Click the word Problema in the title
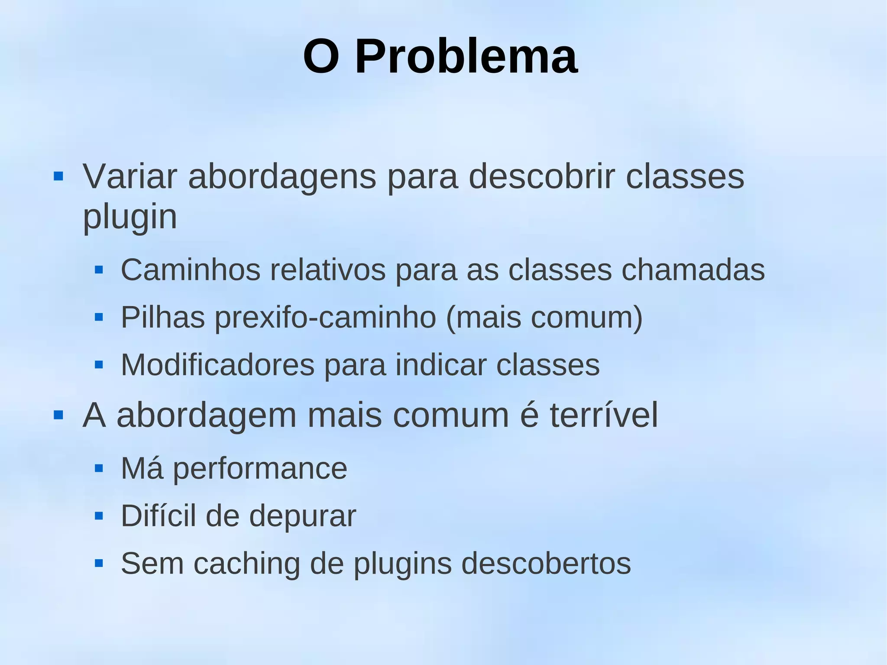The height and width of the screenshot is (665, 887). tap(466, 57)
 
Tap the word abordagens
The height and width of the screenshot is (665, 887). tap(282, 178)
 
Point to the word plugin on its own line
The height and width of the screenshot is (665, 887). tap(130, 217)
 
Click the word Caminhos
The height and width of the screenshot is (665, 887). tap(191, 270)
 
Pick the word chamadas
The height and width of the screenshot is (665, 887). tap(693, 270)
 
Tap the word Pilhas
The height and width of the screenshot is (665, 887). tap(162, 318)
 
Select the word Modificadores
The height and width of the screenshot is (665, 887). tap(217, 365)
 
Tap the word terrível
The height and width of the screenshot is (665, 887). tap(604, 415)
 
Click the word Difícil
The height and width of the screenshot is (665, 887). tap(158, 516)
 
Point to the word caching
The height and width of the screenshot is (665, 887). tap(246, 564)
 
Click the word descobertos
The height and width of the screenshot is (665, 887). tap(546, 564)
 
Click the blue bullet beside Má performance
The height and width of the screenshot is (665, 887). tap(99, 468)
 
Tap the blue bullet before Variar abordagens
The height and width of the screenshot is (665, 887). tap(58, 176)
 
